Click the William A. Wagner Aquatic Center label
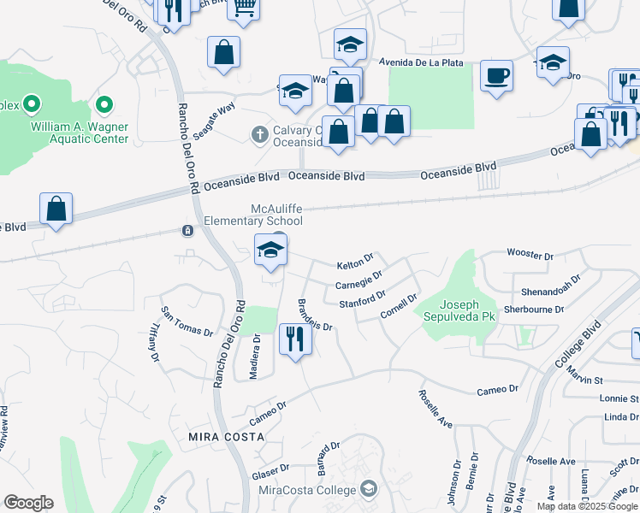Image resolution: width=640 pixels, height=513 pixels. [x=80, y=133]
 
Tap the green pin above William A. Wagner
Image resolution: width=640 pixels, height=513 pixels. [x=104, y=106]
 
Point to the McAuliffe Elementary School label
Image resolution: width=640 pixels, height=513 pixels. [x=253, y=215]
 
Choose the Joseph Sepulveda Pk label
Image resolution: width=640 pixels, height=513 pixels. [x=468, y=310]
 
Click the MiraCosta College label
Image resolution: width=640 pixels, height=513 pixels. [x=306, y=490]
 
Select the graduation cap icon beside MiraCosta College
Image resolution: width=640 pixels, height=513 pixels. [x=369, y=489]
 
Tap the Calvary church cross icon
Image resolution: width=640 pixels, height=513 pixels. [x=259, y=134]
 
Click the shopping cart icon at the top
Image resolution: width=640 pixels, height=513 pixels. [x=245, y=8]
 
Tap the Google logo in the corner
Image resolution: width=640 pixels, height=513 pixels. [x=28, y=503]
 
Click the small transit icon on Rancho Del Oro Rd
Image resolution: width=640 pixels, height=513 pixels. [x=187, y=230]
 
